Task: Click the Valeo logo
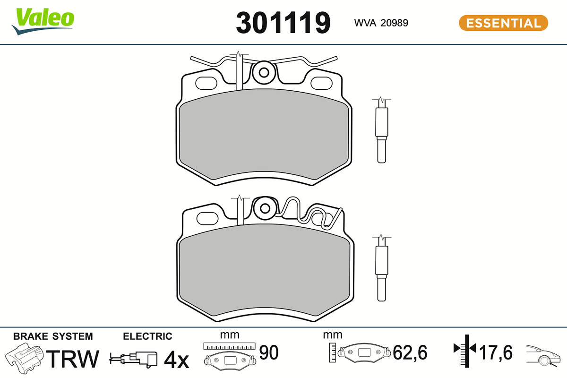(x=43, y=21)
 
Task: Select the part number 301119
(x=283, y=23)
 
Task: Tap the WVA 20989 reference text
(x=381, y=23)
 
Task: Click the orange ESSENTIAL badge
(x=504, y=23)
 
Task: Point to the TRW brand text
(x=73, y=359)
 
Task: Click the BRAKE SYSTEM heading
(x=53, y=336)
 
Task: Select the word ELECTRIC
(x=147, y=336)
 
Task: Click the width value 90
(x=269, y=352)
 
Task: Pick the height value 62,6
(x=410, y=352)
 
